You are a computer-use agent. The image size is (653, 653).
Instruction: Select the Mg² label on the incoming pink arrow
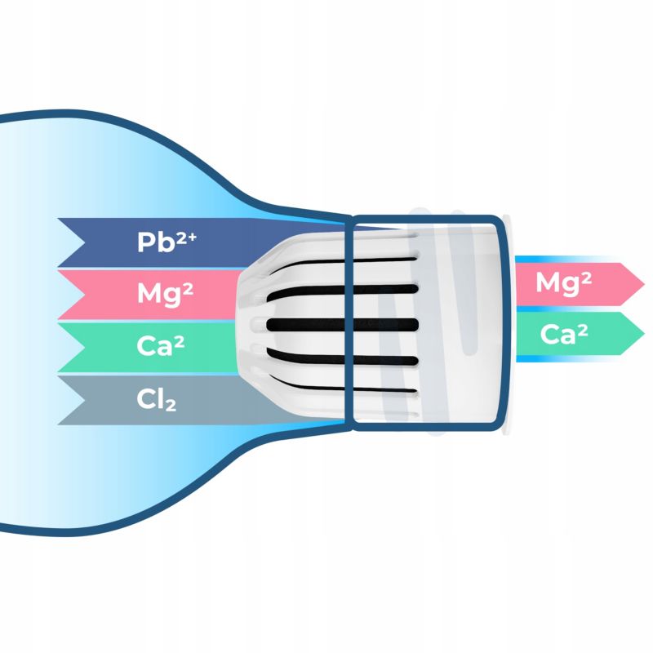click(165, 293)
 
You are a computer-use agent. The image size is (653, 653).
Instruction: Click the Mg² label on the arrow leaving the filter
click(563, 283)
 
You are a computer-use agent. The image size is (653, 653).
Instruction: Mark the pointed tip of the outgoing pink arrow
click(642, 284)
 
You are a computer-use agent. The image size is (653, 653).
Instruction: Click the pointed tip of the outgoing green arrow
click(642, 335)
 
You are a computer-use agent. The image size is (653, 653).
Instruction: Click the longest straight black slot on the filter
click(343, 325)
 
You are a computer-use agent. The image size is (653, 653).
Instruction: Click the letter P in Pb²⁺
click(146, 242)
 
